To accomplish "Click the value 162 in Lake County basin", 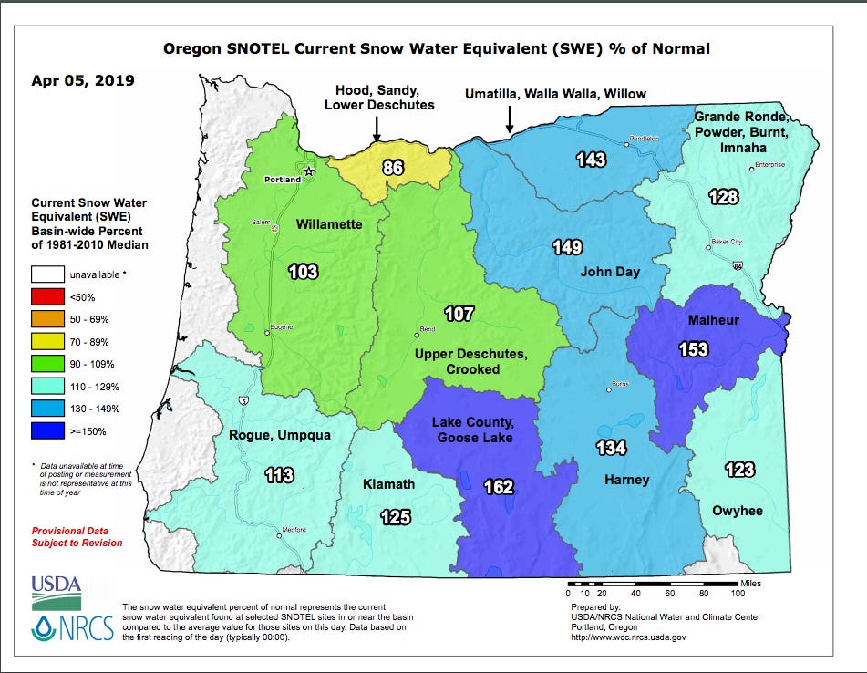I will click(x=499, y=487).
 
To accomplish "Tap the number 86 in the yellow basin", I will click(x=393, y=167).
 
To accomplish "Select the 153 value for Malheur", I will click(x=692, y=348).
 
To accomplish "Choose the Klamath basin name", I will click(x=389, y=484).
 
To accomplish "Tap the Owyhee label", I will click(x=737, y=511).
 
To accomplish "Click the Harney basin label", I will click(x=626, y=480).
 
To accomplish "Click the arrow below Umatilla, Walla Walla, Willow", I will click(x=510, y=118).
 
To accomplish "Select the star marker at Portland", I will click(x=309, y=171).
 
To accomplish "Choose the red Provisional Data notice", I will click(x=77, y=536).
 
